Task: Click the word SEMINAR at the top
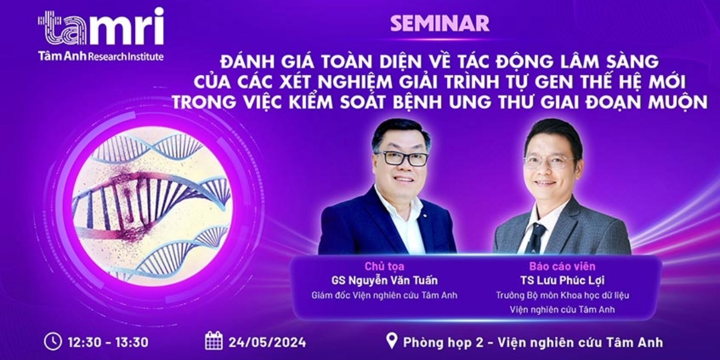click(440, 23)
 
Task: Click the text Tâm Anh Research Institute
click(100, 56)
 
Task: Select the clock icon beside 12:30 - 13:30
click(53, 341)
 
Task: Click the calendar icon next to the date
click(214, 341)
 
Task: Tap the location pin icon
click(391, 341)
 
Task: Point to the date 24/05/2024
click(267, 342)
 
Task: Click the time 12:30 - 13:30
click(109, 342)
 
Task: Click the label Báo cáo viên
click(562, 266)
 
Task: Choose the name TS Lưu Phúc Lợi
click(562, 280)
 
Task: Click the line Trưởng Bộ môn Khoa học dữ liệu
click(562, 295)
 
